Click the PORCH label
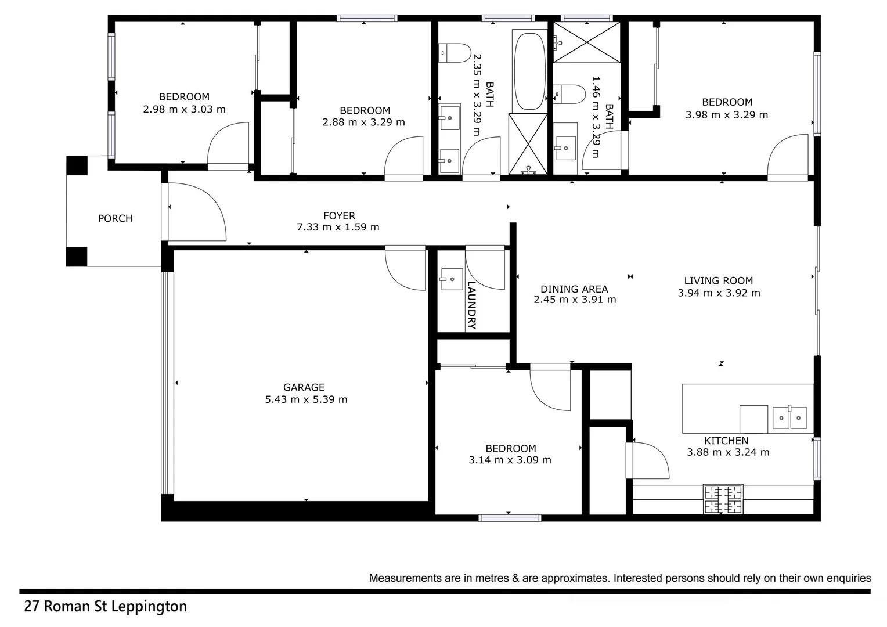[115, 218]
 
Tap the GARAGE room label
[304, 387]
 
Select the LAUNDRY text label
[471, 305]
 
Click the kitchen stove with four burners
[723, 499]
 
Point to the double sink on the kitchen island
[789, 418]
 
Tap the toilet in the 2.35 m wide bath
[455, 53]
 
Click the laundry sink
[451, 279]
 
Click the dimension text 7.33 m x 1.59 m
[338, 227]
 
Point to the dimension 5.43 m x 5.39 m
[306, 399]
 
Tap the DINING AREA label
[574, 289]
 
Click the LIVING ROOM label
[718, 280]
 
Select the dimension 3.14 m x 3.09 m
[510, 460]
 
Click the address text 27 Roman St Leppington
[105, 607]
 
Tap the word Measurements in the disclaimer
[405, 578]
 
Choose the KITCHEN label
[726, 441]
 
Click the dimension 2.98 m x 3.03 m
[184, 109]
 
